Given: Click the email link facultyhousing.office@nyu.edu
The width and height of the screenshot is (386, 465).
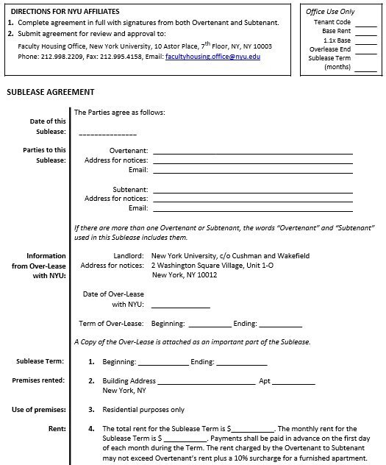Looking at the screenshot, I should point(213,56).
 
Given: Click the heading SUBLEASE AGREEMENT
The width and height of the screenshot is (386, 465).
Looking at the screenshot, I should point(50,93).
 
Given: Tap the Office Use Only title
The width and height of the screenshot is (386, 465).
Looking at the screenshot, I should point(331,13).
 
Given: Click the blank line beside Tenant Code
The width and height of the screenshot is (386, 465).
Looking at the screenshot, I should point(365,24).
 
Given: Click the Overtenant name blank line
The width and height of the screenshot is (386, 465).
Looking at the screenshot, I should point(252,152).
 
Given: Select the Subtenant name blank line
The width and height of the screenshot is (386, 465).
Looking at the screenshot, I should point(252,191).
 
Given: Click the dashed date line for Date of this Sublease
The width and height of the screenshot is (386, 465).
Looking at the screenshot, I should point(107,135).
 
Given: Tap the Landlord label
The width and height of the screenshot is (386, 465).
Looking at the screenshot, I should point(128,256).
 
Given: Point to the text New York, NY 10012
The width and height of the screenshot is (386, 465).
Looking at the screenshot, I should point(185,275).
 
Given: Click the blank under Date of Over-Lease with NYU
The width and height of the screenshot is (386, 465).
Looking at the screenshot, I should point(180,305).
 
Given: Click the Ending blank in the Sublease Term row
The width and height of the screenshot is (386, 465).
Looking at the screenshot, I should point(240,363).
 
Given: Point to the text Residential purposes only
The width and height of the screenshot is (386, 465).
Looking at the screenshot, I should point(143,410).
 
